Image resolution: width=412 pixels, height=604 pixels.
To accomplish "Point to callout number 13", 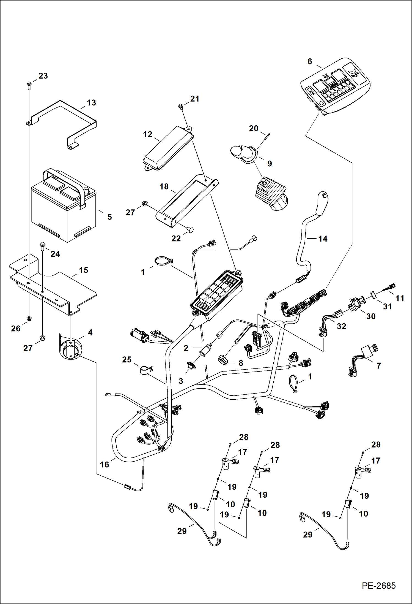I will click(91, 103).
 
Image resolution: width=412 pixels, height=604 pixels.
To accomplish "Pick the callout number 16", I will click(105, 465).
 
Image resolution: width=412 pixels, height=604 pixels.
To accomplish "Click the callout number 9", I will click(270, 164).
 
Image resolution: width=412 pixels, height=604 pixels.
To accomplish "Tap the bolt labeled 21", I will click(181, 105).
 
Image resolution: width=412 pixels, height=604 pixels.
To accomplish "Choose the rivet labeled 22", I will click(190, 229).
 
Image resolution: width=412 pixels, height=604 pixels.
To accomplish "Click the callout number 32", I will click(341, 326).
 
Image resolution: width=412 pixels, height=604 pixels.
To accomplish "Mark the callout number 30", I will click(371, 316).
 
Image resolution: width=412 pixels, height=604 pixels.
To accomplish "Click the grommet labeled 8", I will click(223, 360).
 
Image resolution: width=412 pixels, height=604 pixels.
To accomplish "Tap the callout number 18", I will click(164, 186).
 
